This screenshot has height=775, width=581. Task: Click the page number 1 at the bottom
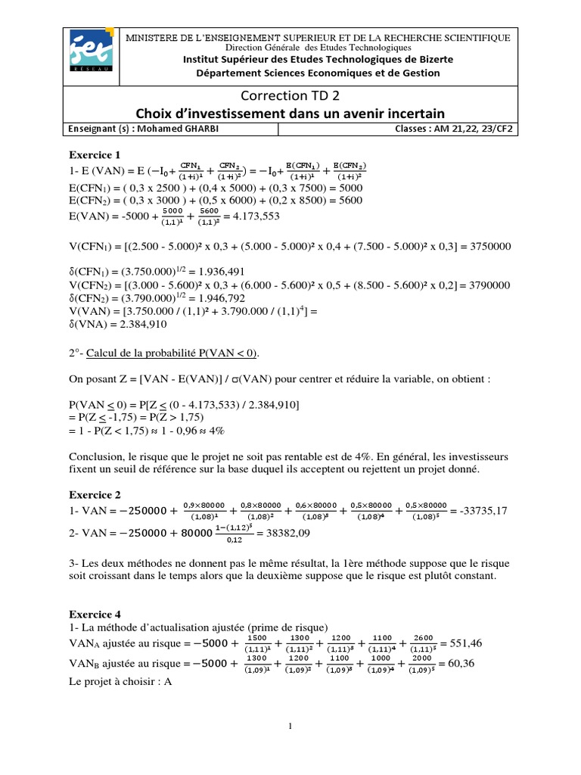[x=290, y=727]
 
